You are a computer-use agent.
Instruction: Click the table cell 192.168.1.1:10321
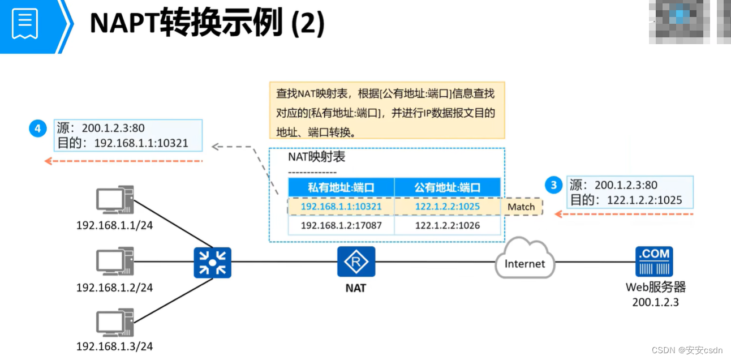[x=341, y=207]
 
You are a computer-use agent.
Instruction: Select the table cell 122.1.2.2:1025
[x=447, y=207]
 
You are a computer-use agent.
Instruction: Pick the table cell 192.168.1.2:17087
[x=341, y=225]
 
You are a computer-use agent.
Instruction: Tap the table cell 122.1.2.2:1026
[x=447, y=225]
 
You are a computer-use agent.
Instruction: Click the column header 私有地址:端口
[x=341, y=187]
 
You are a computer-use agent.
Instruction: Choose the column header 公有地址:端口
[x=447, y=187]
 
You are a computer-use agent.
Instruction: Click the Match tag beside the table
[x=521, y=207]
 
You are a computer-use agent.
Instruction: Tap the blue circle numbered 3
[x=553, y=185]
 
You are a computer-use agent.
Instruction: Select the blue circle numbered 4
[x=38, y=129]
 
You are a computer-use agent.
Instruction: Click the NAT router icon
[x=356, y=262]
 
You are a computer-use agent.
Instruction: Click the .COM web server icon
[x=654, y=261]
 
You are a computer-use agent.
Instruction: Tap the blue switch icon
[x=212, y=262]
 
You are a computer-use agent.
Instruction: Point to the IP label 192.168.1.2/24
[x=115, y=288]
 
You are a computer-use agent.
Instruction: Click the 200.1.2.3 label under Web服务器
[x=655, y=302]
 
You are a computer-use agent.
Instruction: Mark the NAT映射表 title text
[x=316, y=157]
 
